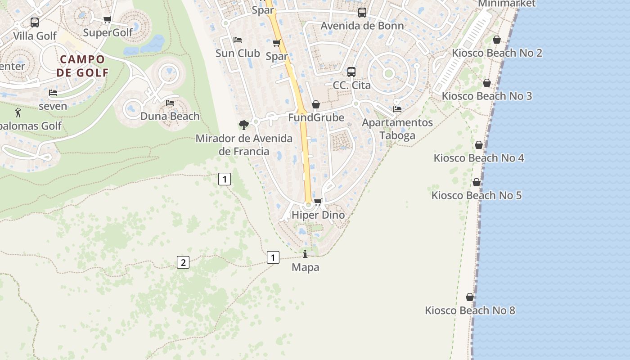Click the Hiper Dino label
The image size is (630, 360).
[x=318, y=215]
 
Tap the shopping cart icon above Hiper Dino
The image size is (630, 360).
[x=318, y=202]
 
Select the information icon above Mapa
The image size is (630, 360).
[x=305, y=254]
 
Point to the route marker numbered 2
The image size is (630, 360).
[x=183, y=262]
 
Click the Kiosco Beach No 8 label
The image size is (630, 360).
[x=470, y=310]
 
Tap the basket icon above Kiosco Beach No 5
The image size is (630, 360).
[x=476, y=182]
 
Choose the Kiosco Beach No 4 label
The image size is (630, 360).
[x=479, y=158]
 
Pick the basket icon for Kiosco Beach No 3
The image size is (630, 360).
[x=486, y=83]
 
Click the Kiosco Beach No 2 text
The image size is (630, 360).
[x=497, y=53]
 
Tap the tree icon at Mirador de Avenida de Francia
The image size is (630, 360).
[x=244, y=125]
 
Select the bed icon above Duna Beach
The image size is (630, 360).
[x=170, y=103]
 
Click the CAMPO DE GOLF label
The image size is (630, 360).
[x=82, y=66]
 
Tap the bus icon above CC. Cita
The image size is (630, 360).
[x=351, y=72]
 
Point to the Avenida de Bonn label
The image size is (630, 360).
[x=362, y=26]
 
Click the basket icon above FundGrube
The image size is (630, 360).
[x=316, y=105]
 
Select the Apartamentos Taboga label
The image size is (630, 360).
[x=397, y=129]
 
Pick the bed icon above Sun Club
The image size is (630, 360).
[x=238, y=40]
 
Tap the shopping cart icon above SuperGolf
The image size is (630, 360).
[x=107, y=19]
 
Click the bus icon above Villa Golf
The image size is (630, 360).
[x=35, y=22]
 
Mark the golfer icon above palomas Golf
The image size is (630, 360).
[x=18, y=112]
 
